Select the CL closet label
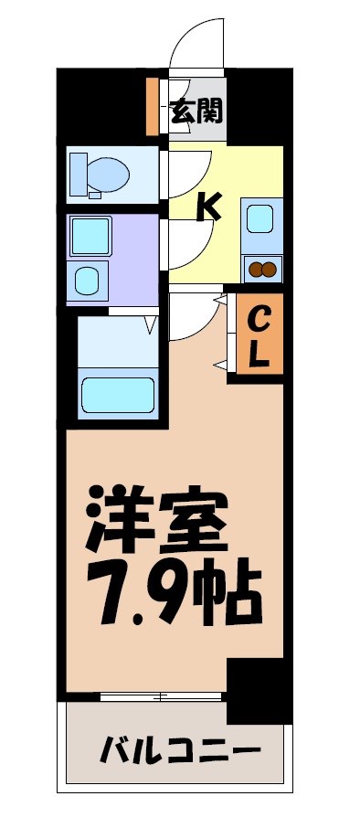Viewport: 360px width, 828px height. click(259, 335)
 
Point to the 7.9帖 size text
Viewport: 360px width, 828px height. click(174, 592)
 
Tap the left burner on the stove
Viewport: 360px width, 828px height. click(256, 269)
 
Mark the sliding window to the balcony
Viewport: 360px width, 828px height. click(161, 697)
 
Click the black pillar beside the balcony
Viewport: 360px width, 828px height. click(258, 690)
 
